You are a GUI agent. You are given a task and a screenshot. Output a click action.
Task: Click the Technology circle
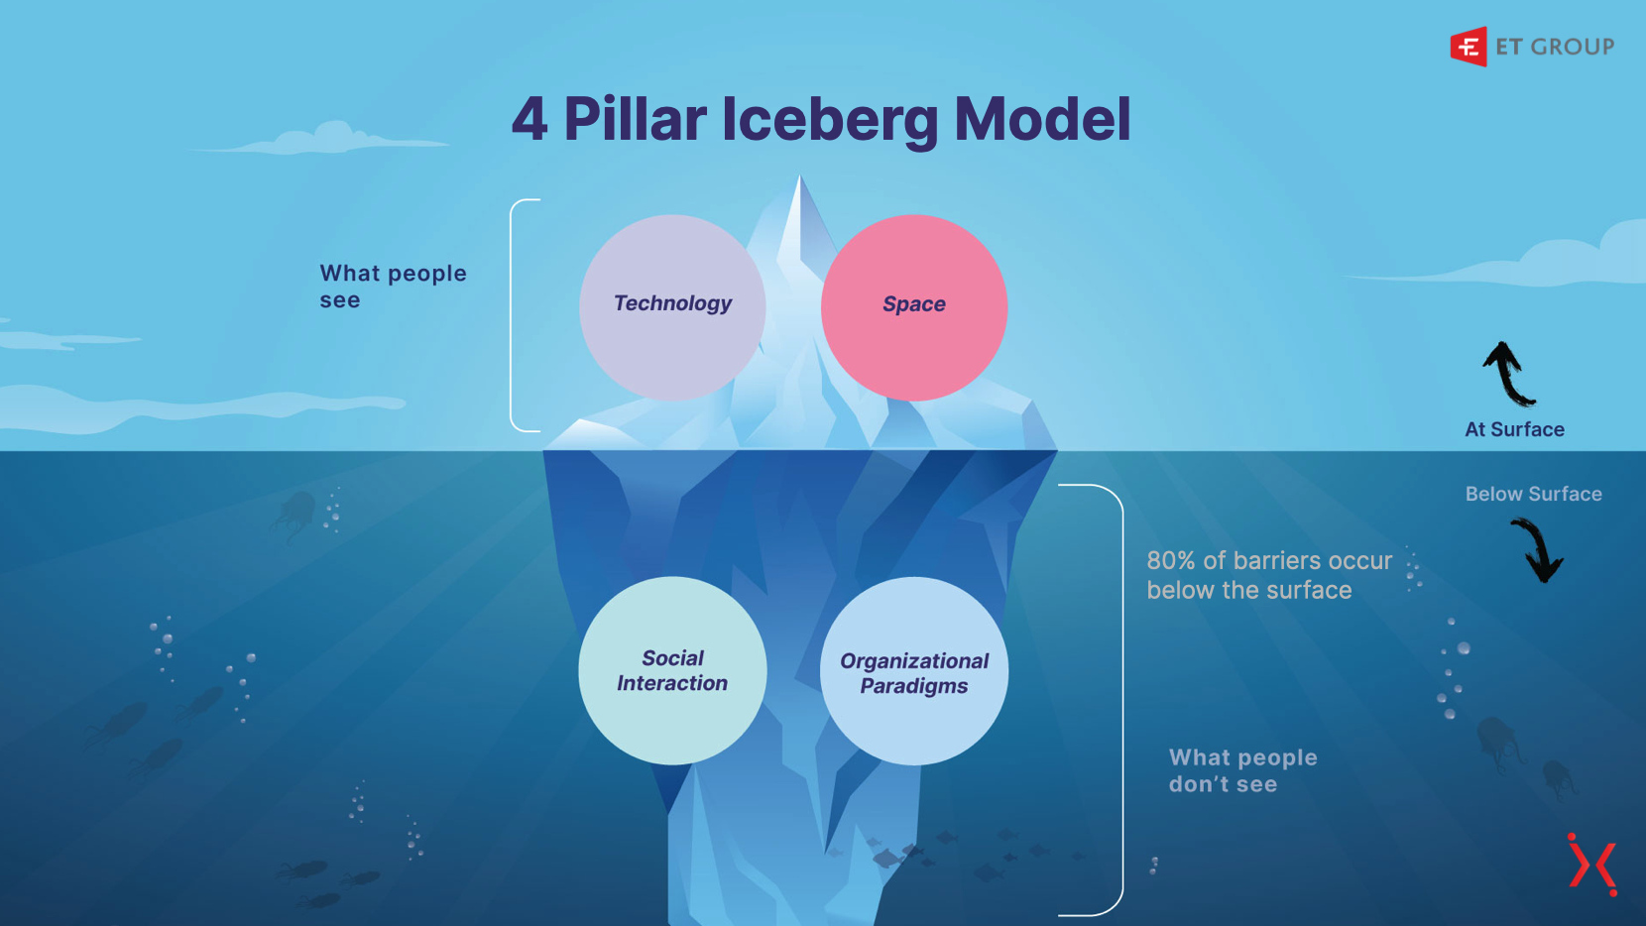coord(672,306)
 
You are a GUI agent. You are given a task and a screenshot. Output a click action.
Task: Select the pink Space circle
coord(913,306)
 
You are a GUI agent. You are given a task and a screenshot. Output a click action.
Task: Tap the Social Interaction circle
coord(672,670)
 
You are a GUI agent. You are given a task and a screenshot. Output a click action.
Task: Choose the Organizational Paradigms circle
coord(913,671)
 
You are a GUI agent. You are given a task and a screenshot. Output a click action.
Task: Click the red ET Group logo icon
coord(1469,47)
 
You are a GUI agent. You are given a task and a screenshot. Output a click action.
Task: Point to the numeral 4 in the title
coord(529,120)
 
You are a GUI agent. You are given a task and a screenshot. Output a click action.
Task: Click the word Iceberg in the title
coord(829,120)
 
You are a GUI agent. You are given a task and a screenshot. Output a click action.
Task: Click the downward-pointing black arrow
coord(1538,551)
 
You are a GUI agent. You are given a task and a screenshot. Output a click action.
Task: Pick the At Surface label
coord(1514,429)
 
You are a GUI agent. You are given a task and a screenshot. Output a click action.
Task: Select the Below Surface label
coord(1533,494)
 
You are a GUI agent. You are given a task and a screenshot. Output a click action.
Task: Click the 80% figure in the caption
coord(1171,561)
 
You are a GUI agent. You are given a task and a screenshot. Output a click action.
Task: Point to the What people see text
coord(393,287)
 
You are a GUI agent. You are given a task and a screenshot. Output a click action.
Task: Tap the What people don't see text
coord(1242,770)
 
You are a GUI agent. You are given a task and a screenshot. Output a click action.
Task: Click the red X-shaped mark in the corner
coord(1592,865)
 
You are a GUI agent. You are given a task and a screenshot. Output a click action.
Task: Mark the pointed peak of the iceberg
coord(799,183)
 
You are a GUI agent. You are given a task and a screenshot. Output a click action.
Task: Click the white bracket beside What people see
coord(514,315)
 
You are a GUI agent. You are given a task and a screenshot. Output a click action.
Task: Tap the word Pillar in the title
coord(635,120)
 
